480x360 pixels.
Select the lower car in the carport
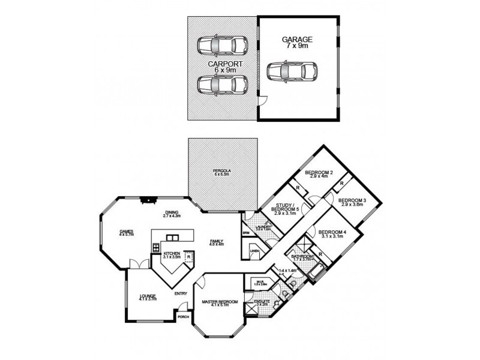point(223,85)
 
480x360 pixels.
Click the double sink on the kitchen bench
point(173,236)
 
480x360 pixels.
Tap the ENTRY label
point(181,293)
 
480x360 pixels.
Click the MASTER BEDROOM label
point(220,301)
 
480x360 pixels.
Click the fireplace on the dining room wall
point(148,200)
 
